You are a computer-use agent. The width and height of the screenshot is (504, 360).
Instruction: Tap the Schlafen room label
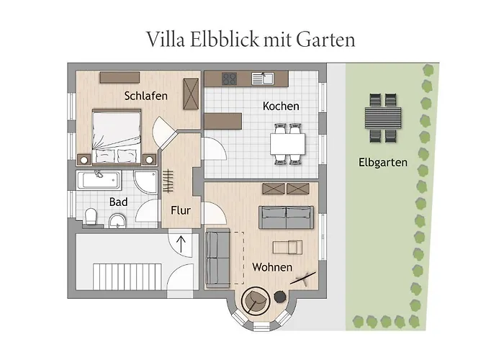145,96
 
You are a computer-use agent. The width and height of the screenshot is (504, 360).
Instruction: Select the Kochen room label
281,107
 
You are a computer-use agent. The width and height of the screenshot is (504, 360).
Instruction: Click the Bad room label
118,202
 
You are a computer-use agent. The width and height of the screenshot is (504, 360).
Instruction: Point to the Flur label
180,210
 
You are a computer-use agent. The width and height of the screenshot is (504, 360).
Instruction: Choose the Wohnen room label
272,267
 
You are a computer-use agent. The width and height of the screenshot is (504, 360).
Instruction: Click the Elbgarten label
383,163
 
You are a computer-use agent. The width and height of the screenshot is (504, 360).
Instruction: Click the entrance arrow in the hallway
180,242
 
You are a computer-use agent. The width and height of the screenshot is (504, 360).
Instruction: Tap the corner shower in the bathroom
147,183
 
